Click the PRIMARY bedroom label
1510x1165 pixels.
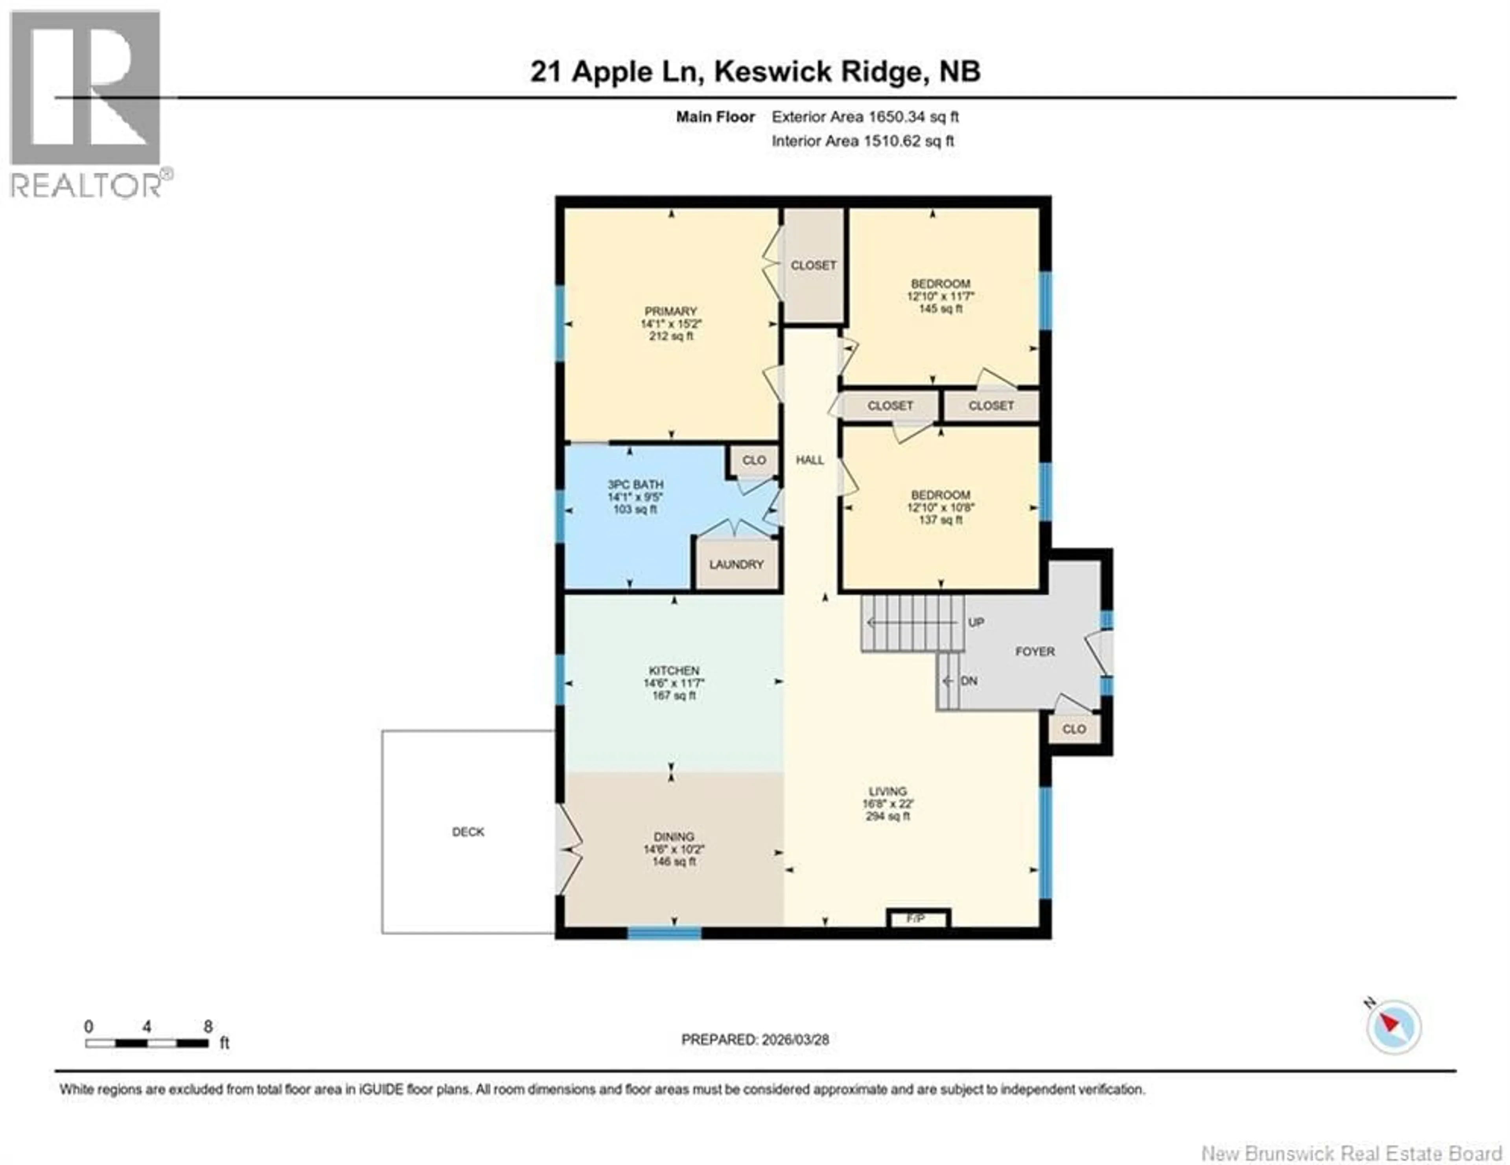coord(670,311)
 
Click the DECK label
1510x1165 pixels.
coord(468,832)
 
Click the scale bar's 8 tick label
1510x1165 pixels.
coord(208,1027)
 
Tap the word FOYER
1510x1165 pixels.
coord(1034,652)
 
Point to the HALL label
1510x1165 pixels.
coord(810,460)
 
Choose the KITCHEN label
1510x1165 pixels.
coord(674,670)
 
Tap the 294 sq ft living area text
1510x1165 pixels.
coord(888,816)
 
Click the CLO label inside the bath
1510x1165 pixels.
coord(753,460)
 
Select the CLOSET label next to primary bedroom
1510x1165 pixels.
coord(813,265)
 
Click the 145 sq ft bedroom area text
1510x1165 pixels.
coord(940,309)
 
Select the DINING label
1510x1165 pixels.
coord(674,837)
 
